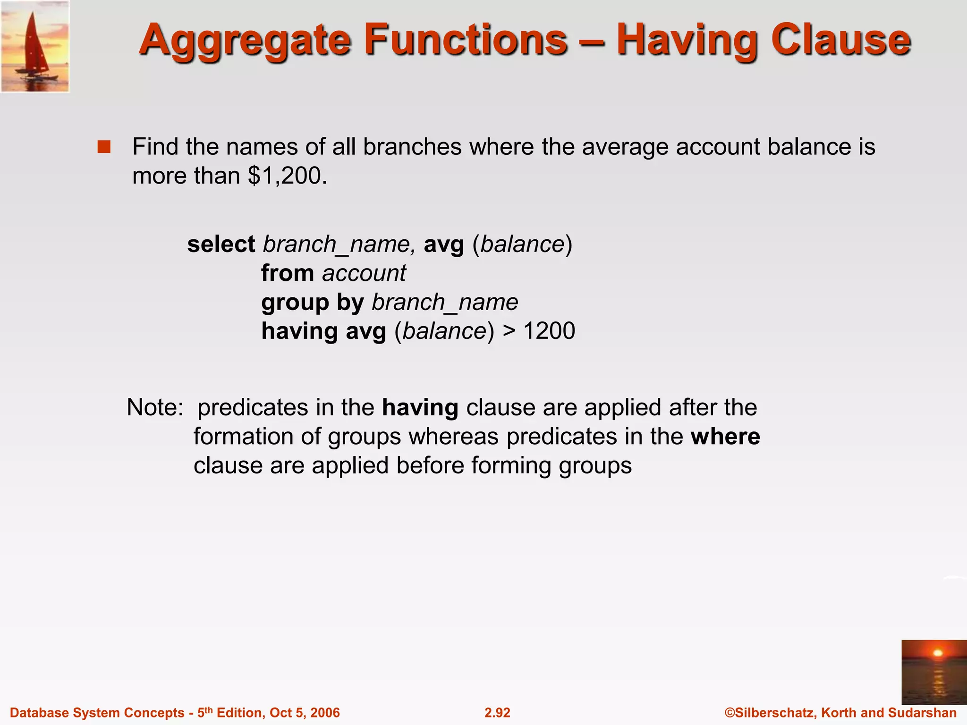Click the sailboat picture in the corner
point(35,46)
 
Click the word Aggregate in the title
point(245,42)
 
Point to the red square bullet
point(104,147)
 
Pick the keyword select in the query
point(221,244)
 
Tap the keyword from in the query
point(288,273)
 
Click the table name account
point(364,274)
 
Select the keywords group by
point(313,303)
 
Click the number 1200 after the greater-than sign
point(549,331)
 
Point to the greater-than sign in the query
point(509,331)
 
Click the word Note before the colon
point(151,407)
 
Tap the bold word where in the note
point(725,437)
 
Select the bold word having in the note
point(420,408)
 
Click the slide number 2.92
point(497,713)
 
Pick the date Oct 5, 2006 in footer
point(305,713)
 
